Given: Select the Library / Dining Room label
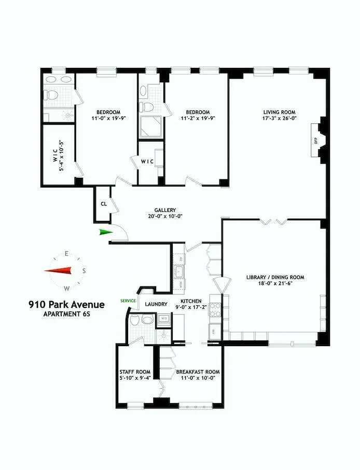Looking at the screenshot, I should (275, 277).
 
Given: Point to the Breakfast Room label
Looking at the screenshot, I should (198, 372).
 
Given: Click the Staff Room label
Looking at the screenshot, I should (135, 372).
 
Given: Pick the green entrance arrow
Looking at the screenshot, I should (106, 232).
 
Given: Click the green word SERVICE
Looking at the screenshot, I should (128, 301).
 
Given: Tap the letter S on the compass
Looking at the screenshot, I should (84, 270).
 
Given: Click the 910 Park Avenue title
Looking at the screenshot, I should (66, 305).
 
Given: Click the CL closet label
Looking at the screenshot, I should (104, 204).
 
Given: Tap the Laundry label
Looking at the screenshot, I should (156, 304).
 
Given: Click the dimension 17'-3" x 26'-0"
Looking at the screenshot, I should (279, 118).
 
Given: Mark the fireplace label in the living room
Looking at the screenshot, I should (315, 139).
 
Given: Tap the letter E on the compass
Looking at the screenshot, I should (67, 253).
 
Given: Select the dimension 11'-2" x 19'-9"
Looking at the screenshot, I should (198, 118).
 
